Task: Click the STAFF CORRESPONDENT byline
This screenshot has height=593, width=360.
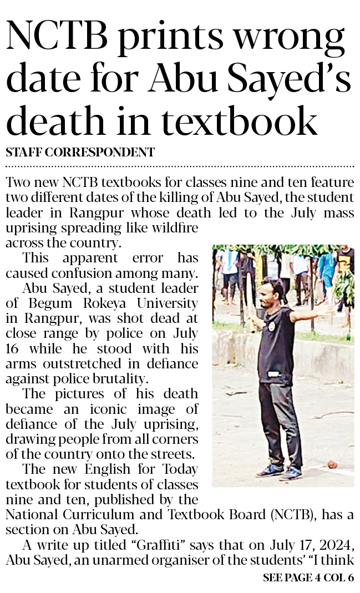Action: click(80, 151)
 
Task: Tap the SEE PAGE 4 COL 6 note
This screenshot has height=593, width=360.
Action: click(308, 577)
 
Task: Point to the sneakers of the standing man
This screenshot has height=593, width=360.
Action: click(281, 471)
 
